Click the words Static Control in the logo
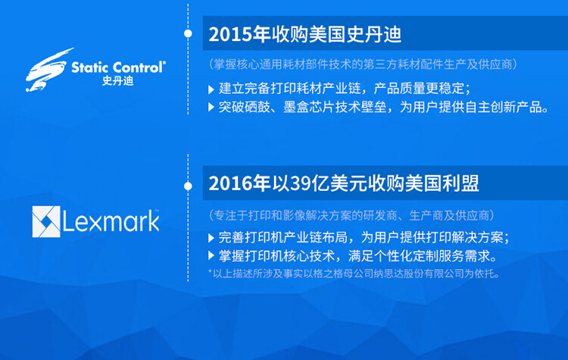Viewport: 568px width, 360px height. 118,67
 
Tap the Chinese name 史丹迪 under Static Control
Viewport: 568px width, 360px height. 117,81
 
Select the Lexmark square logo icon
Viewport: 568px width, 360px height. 45,221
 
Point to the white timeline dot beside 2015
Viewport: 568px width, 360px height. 188,34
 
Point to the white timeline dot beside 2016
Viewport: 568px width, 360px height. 188,184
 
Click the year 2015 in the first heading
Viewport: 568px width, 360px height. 229,35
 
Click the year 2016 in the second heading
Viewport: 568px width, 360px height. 229,184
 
